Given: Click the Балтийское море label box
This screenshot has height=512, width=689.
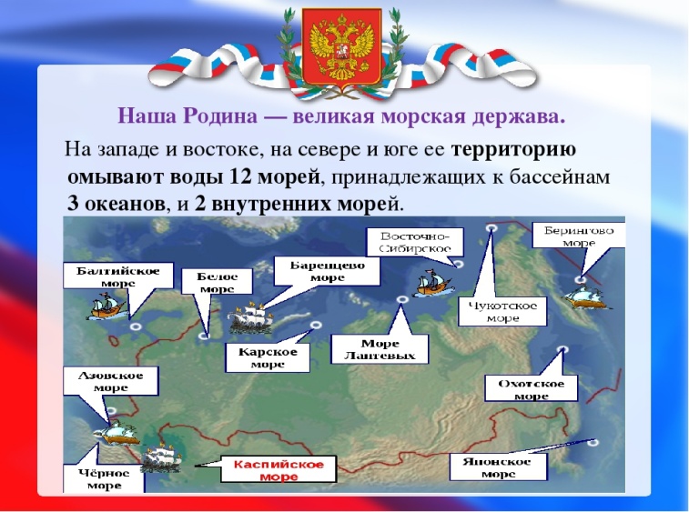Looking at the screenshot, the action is (x=118, y=276).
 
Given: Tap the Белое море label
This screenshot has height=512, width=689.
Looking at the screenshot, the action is (x=217, y=282).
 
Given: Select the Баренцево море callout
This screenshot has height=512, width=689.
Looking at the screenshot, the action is (x=327, y=271).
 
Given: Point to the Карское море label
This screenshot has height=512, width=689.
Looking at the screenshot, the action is (x=268, y=357).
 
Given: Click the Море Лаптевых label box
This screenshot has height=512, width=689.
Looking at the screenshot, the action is (x=380, y=348).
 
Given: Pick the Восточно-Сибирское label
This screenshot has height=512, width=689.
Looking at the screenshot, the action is (x=415, y=242).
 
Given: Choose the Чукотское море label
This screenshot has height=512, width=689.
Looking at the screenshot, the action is (x=502, y=311).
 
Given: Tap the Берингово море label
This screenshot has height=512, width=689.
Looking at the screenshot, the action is (x=578, y=236).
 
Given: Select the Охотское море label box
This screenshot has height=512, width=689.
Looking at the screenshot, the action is (x=531, y=388).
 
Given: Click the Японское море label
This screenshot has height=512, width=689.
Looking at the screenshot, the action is (x=498, y=467).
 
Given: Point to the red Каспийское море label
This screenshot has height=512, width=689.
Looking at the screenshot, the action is (x=279, y=469).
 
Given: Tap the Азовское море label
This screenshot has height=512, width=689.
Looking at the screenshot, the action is (x=110, y=381).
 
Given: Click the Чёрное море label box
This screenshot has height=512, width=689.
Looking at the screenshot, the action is (x=104, y=478).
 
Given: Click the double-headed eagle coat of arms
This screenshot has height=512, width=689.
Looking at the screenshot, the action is (x=341, y=47).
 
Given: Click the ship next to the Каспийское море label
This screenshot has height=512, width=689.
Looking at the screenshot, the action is (x=161, y=457).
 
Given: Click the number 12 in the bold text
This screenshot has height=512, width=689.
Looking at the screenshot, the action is (x=239, y=177).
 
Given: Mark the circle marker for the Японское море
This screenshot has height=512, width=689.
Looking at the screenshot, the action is (x=595, y=442).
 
